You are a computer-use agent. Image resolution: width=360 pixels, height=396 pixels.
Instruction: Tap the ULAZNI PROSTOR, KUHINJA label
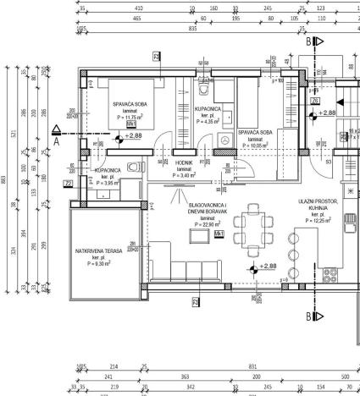318,206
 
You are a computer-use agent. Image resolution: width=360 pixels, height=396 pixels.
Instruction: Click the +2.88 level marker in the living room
268,267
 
